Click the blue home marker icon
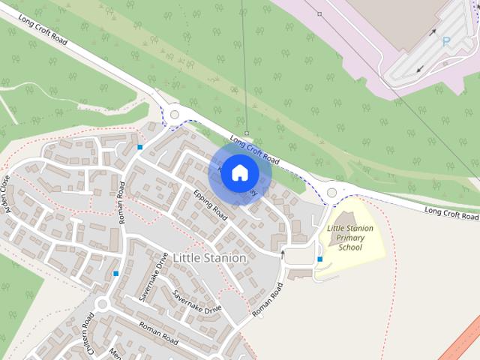point(239,172)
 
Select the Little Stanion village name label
point(209,258)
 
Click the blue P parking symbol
point(446,42)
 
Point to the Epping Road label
point(210,204)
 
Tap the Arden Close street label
point(8,194)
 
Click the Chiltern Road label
point(89,334)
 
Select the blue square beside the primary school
point(320,259)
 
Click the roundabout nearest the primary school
point(332,193)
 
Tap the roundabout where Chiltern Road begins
point(102,304)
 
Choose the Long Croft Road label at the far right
point(451,213)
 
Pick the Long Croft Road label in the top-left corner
point(43,31)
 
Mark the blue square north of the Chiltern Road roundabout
point(115,274)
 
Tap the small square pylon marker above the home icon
point(246,133)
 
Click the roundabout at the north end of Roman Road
point(175,115)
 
